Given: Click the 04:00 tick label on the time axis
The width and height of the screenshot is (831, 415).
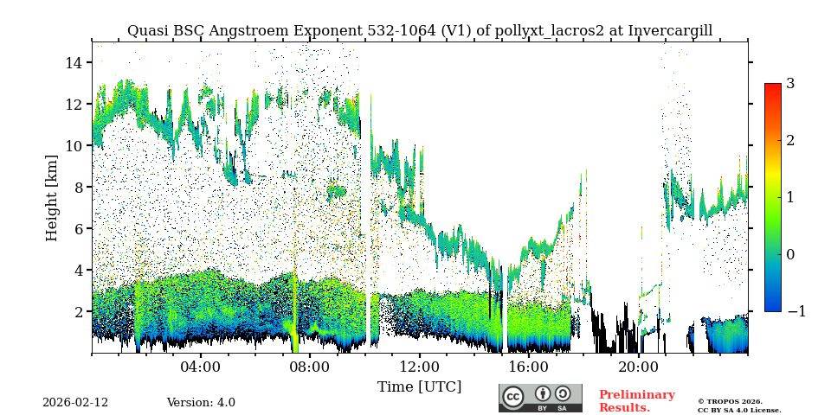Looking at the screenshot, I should click(201, 367).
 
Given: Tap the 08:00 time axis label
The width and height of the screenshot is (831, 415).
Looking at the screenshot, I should click(310, 367).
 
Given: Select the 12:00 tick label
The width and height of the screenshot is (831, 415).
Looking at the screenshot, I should click(420, 367).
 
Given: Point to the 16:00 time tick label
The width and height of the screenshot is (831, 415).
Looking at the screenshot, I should click(529, 367).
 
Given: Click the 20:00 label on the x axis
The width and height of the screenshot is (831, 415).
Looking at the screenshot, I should click(638, 367).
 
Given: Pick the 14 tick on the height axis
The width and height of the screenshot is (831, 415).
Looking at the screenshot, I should click(73, 62).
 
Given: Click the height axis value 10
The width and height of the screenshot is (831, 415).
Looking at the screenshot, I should click(73, 145).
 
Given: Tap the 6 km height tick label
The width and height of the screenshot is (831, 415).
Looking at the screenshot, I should click(77, 228).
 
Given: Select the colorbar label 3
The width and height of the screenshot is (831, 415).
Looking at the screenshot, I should click(790, 84).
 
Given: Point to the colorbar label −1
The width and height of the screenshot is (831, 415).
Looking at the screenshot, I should click(796, 311).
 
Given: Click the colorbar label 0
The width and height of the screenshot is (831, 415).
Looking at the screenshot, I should click(790, 254).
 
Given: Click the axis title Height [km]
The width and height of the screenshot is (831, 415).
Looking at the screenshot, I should click(52, 197).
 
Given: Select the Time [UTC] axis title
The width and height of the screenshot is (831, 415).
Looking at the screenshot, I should click(420, 386).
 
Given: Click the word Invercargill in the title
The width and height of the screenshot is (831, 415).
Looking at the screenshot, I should click(670, 31).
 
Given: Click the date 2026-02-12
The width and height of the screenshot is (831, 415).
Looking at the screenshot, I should click(75, 403).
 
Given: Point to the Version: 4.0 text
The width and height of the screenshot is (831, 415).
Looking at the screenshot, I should click(201, 403).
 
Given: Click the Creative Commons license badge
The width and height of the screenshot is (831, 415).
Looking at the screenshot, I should click(540, 398).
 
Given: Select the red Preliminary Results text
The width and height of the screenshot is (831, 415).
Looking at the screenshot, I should click(636, 401).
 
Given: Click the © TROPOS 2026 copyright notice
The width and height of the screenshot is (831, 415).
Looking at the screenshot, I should click(730, 401).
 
